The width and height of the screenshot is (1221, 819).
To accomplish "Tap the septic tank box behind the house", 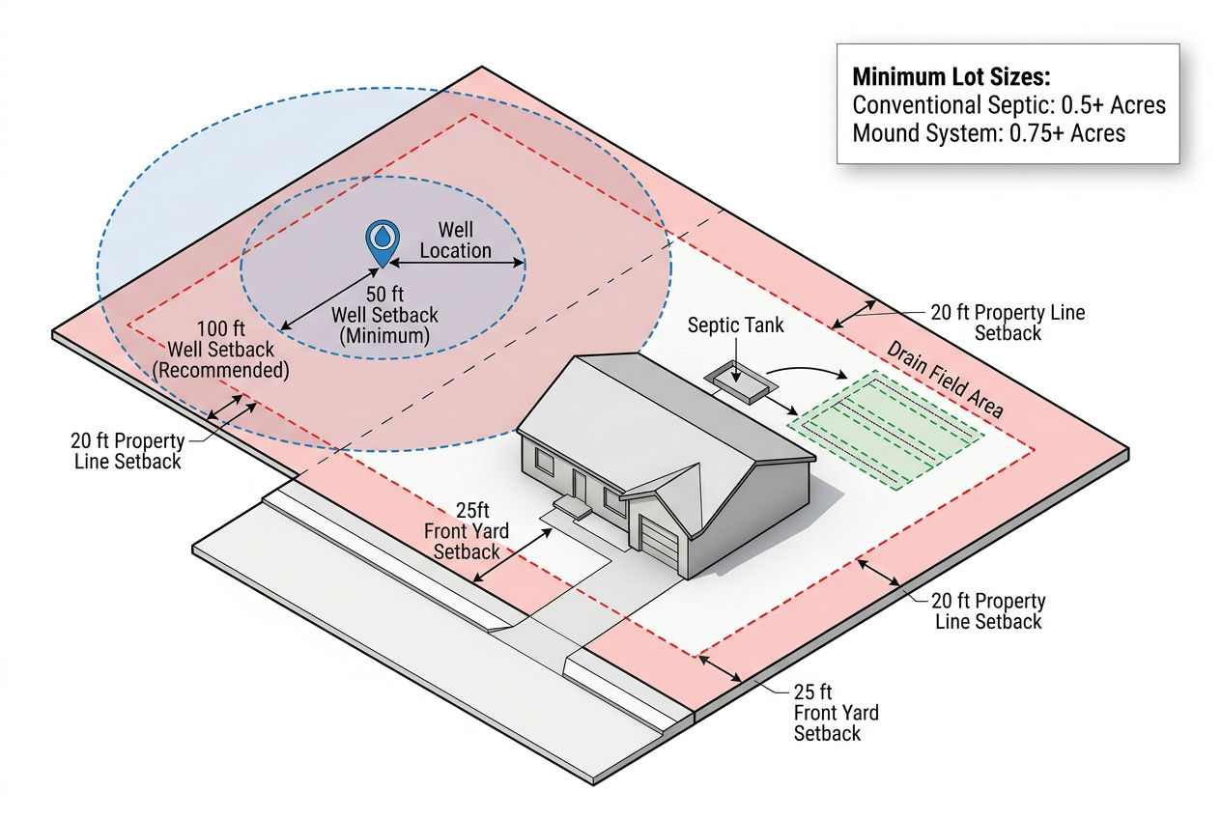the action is [741, 381].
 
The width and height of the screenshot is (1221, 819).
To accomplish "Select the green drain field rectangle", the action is [886, 430].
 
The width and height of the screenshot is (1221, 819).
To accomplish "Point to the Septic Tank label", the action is [735, 325].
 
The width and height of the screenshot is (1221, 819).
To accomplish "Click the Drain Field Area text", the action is [946, 380].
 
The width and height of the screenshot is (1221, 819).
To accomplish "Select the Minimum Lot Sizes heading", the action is [951, 77].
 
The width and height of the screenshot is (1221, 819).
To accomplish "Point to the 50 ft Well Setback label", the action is [384, 315].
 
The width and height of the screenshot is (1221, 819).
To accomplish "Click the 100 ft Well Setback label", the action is [221, 350].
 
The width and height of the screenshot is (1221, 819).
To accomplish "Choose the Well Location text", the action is [456, 240].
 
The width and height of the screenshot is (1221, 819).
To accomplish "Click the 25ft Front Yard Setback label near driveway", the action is [467, 531].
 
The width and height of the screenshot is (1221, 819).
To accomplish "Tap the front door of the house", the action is [580, 487].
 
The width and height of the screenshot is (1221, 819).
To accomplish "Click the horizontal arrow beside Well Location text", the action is [457, 264].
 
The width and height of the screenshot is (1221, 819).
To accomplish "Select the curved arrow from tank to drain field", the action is [808, 372].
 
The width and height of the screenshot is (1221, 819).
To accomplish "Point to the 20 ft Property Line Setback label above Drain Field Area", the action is [1008, 323].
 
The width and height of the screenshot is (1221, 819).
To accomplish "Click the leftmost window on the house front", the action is [545, 462].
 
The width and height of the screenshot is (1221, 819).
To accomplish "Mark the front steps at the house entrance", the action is [573, 507].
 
